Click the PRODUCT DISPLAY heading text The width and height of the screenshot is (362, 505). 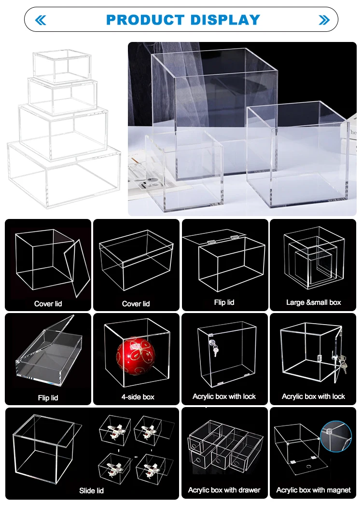point(183,20)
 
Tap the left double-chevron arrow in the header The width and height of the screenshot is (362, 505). point(41,20)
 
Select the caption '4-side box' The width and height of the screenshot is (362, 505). point(138,397)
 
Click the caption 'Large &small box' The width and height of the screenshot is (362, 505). point(313,302)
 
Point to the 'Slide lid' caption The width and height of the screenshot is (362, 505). point(91,491)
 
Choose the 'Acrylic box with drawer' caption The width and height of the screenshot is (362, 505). point(224,490)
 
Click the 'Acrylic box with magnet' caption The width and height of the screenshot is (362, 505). point(313,490)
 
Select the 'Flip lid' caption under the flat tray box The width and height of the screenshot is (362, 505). point(48,398)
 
